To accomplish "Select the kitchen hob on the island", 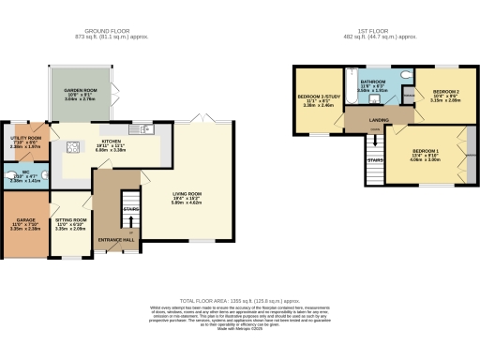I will coord(73,146).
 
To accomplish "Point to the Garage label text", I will coord(20,224).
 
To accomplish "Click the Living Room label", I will coord(187,197).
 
